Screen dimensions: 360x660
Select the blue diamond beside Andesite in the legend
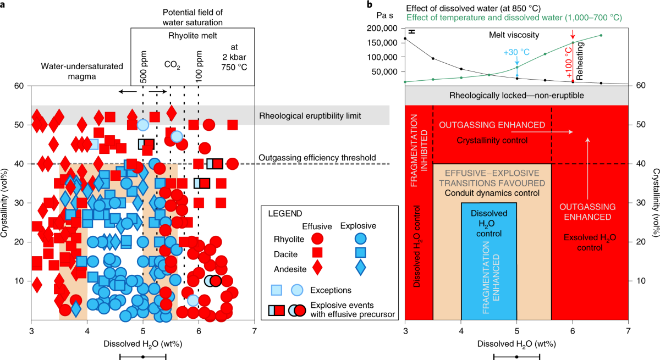pos(360,267)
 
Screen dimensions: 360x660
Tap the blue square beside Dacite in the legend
pos(360,253)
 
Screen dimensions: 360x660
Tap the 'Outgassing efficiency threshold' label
pos(318,157)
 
